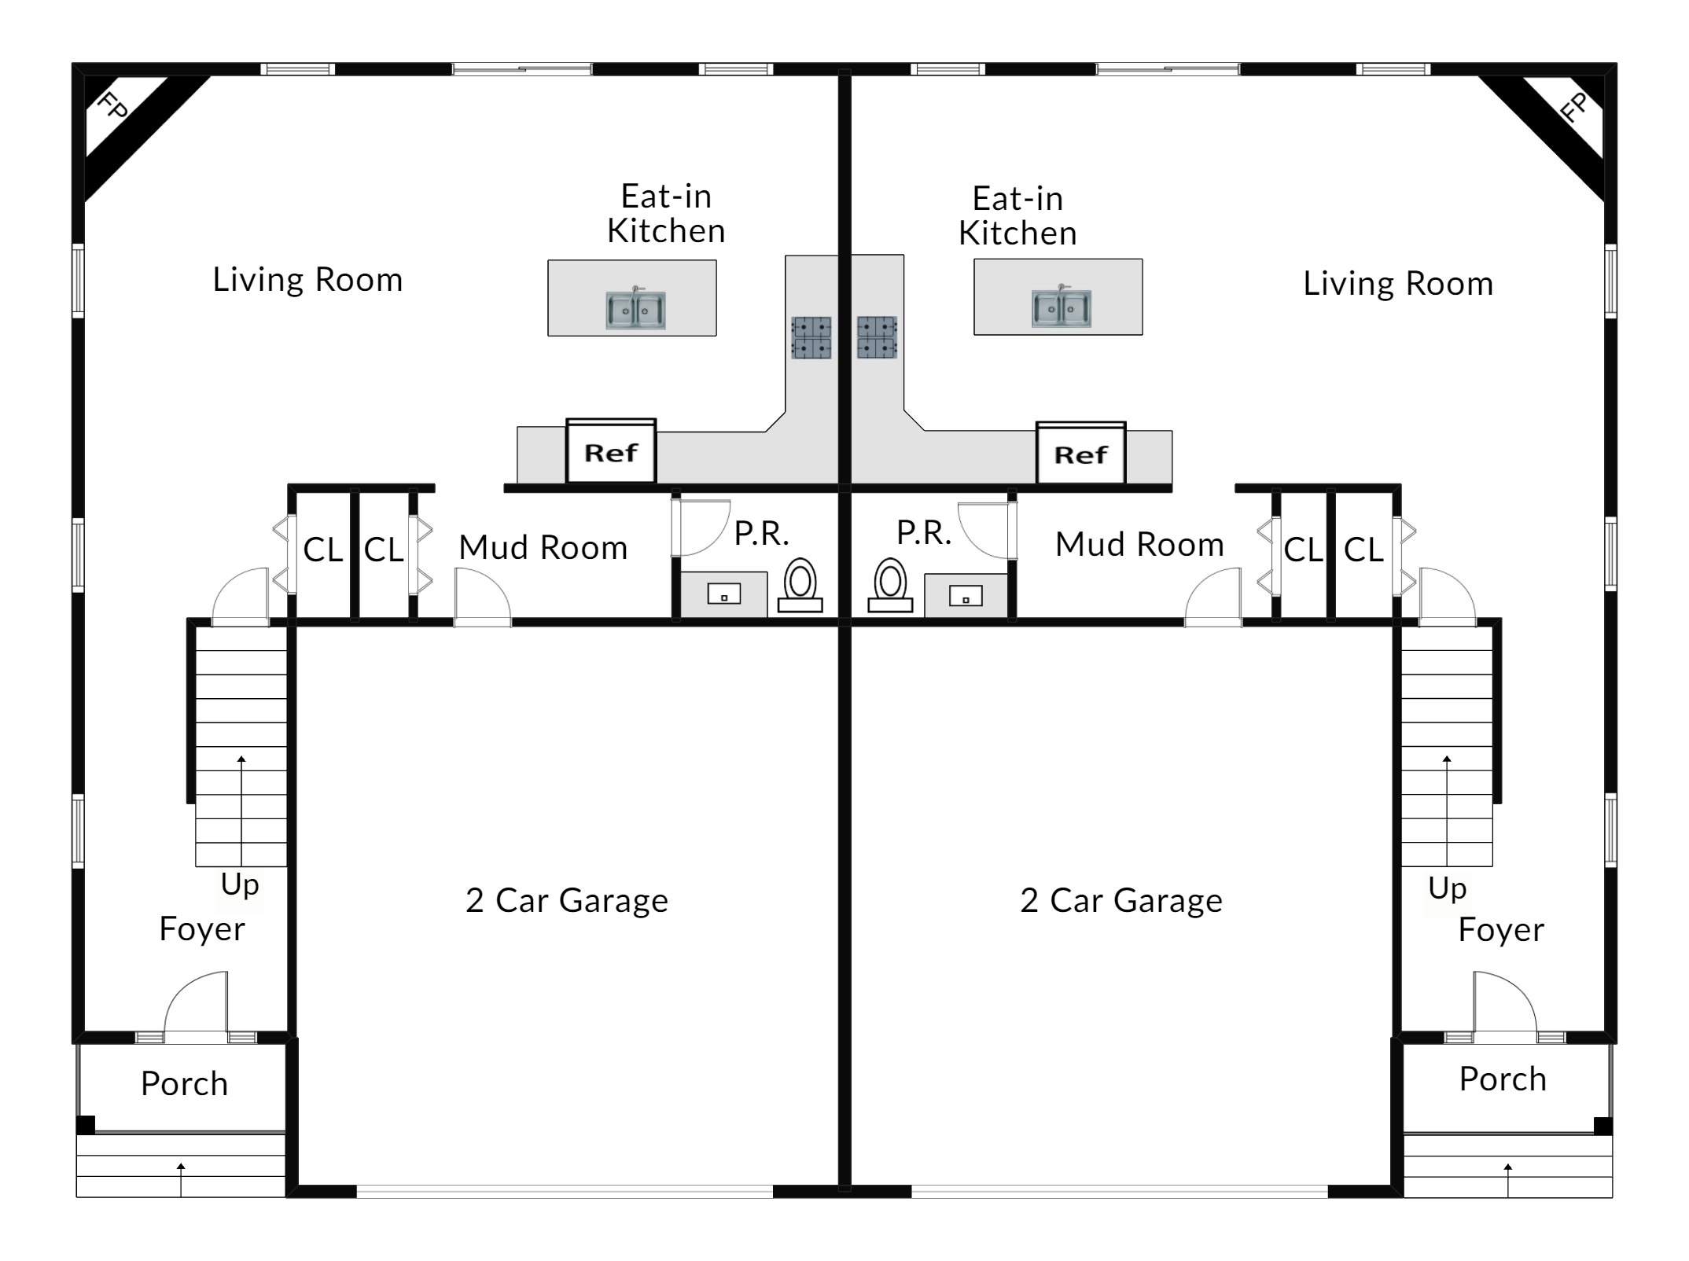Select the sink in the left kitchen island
[x=635, y=310]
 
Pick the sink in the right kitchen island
[x=1062, y=308]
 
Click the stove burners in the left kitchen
[x=811, y=337]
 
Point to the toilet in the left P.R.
[x=800, y=585]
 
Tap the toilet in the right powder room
[x=890, y=585]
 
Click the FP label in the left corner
[x=113, y=107]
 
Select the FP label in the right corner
[x=1575, y=107]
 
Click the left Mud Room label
[x=543, y=547]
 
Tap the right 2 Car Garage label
[x=1121, y=900]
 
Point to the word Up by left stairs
[x=240, y=885]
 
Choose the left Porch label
[x=184, y=1083]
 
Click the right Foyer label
[x=1501, y=930]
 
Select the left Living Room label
[x=307, y=280]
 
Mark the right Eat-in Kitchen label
[x=1017, y=215]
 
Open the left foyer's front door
[x=196, y=1006]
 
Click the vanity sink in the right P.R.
[x=966, y=597]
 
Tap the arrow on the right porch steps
[x=1507, y=1181]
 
